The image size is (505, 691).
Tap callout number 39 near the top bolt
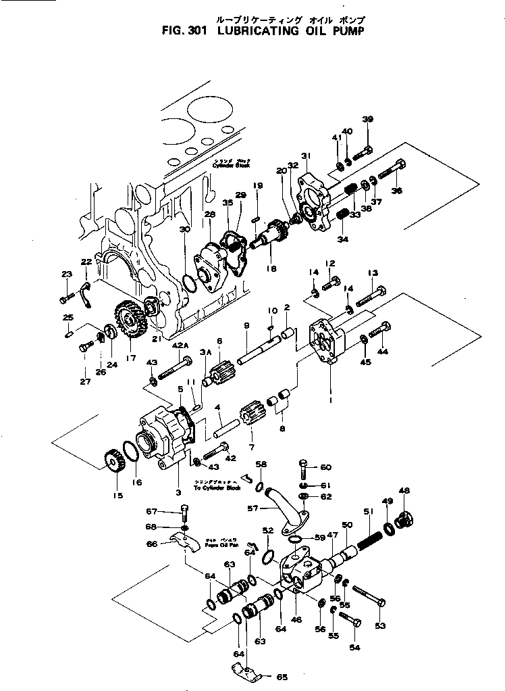click(x=367, y=120)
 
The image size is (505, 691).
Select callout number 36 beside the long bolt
click(x=396, y=191)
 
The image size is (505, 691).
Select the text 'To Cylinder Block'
click(x=217, y=487)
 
